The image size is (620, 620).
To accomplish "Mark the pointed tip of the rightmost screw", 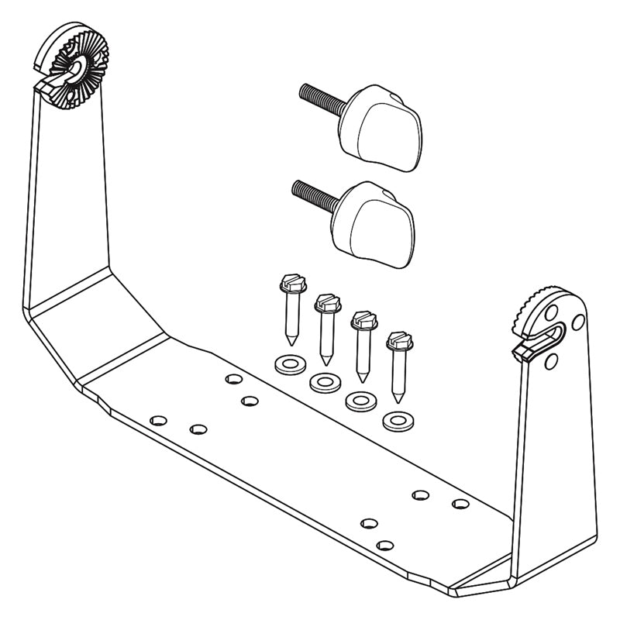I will [x=398, y=398].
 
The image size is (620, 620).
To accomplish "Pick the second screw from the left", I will [x=325, y=325].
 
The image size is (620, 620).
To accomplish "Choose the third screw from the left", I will [x=360, y=345].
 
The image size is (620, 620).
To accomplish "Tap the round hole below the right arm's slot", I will [x=550, y=360].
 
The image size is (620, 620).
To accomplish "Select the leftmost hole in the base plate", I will [x=158, y=419].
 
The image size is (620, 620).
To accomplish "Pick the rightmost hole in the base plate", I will [x=460, y=504].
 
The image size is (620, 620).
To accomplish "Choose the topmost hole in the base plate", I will [x=232, y=379].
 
